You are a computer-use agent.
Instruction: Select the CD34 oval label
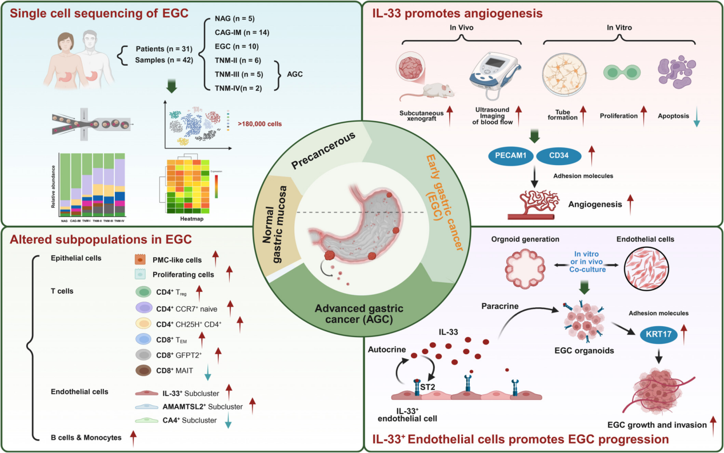click(559, 155)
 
